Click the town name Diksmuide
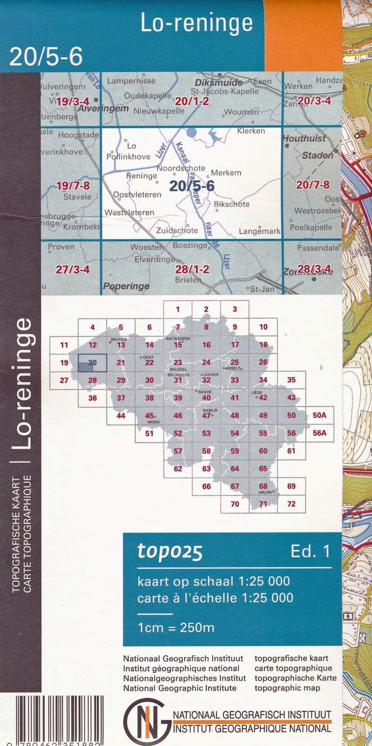(219, 82)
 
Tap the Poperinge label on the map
(126, 286)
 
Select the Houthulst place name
(304, 139)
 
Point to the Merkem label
(226, 173)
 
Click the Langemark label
(259, 231)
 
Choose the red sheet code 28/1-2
(192, 269)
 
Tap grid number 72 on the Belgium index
(291, 504)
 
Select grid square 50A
(319, 416)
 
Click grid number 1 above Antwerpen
(178, 309)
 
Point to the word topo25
(170, 551)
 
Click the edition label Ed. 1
(310, 551)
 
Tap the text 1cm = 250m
(176, 628)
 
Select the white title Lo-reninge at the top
(197, 23)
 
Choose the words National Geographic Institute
(179, 688)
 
